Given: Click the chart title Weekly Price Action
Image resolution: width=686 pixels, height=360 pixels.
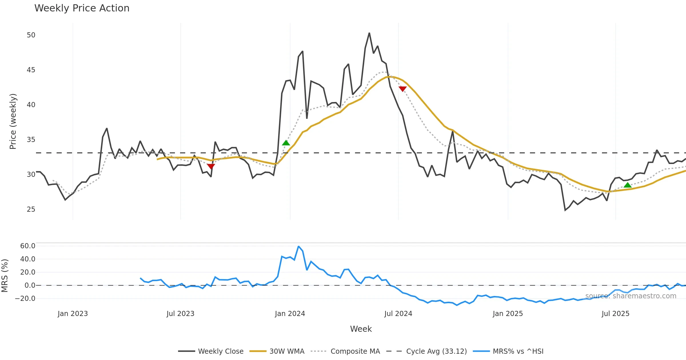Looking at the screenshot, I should click(82, 8).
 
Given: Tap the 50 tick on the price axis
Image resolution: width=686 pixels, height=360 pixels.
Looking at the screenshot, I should click(31, 35).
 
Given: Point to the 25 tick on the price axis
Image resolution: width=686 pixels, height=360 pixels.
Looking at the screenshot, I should click(31, 209).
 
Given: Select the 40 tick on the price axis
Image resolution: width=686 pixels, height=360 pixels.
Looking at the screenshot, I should click(31, 105).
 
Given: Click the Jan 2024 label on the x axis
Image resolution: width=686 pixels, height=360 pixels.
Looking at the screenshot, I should click(290, 314).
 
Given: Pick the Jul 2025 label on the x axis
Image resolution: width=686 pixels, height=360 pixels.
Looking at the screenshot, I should click(615, 314).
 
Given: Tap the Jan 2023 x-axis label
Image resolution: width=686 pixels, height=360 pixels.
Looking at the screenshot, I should click(73, 314).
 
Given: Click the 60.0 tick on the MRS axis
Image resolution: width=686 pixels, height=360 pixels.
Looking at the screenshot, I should click(28, 246).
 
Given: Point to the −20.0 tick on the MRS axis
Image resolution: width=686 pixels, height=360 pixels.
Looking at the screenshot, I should click(25, 299).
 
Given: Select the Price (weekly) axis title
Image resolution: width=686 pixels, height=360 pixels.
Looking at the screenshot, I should click(13, 121).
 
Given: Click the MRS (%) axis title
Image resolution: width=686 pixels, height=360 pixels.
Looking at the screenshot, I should click(5, 275).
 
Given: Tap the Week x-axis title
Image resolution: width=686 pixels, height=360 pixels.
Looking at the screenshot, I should click(361, 329).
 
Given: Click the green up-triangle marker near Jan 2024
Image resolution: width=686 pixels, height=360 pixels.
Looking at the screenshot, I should click(286, 143).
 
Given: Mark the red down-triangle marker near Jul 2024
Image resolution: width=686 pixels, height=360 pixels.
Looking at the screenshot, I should click(402, 89).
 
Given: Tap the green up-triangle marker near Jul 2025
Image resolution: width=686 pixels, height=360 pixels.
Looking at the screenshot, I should click(627, 185).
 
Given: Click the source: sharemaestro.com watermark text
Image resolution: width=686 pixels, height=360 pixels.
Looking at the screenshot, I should click(631, 296).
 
